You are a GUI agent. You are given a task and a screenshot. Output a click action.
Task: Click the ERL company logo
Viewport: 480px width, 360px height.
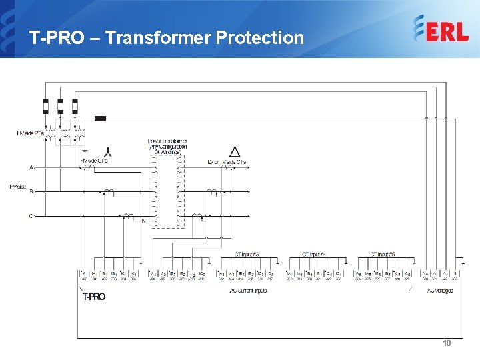(441, 30)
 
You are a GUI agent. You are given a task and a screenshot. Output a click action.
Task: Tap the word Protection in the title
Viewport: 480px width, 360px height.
(260, 38)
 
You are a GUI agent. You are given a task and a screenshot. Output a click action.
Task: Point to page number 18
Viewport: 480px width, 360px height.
(447, 343)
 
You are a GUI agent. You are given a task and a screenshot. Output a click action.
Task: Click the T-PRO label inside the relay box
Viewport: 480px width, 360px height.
(93, 297)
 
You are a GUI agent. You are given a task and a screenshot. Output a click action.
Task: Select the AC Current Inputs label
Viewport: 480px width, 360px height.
(248, 291)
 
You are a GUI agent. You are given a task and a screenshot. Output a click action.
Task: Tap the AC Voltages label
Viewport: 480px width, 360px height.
(440, 291)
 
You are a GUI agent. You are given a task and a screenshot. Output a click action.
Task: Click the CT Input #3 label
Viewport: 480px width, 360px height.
(247, 254)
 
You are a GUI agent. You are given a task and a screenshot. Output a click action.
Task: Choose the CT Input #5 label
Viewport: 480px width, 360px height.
(383, 254)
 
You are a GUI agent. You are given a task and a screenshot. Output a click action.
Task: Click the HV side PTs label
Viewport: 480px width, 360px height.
(30, 133)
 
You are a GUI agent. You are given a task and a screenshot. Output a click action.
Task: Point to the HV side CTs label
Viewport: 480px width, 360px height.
(93, 161)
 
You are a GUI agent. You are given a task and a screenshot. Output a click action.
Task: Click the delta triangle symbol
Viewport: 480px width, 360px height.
(235, 151)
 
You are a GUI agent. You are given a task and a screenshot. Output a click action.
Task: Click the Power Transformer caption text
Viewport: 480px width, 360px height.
(167, 147)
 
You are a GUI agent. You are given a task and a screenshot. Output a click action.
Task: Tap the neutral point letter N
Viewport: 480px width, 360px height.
(143, 221)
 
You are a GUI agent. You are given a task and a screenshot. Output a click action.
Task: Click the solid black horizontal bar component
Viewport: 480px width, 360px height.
(100, 119)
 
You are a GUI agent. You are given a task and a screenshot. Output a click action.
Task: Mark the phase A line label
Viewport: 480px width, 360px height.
(31, 167)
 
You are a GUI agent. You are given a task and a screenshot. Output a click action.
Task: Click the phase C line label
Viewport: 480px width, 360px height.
(31, 216)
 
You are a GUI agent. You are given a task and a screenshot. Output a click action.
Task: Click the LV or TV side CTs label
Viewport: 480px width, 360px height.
(227, 162)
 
